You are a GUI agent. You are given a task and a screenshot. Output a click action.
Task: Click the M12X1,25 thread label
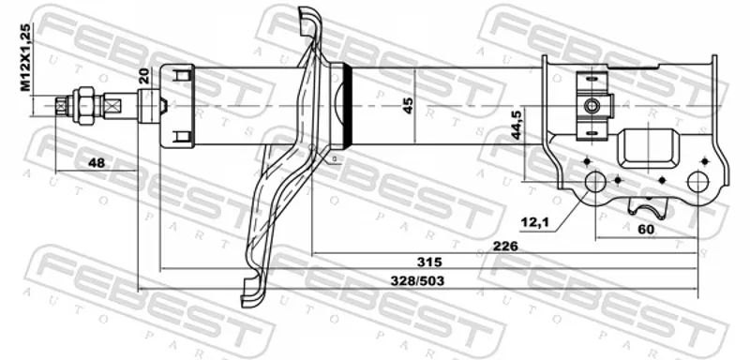(x=25, y=57)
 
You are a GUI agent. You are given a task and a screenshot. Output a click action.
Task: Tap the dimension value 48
(x=97, y=163)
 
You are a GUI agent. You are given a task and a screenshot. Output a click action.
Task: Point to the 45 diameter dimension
(x=408, y=105)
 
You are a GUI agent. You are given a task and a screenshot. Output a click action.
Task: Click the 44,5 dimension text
(x=517, y=125)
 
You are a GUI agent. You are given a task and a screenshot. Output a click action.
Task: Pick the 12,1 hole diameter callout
(x=533, y=222)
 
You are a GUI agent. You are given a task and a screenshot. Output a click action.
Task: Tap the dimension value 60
(x=646, y=230)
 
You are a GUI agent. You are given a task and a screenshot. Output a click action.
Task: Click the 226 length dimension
(x=506, y=247)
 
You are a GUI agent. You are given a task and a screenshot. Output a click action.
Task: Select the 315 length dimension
(x=429, y=262)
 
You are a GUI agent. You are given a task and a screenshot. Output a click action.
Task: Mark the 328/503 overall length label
(x=417, y=281)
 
